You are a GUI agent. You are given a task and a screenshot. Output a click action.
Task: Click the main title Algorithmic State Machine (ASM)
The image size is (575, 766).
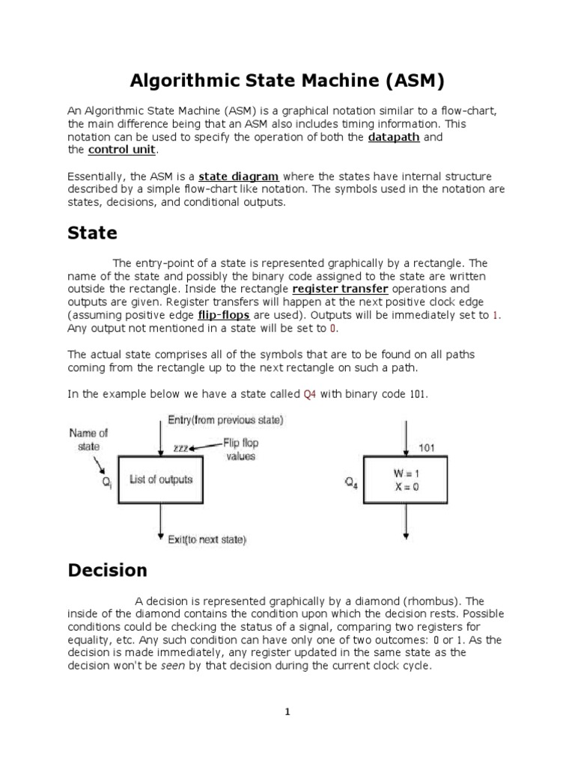pos(287,79)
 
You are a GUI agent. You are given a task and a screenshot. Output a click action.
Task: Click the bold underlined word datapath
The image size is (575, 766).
pos(394,138)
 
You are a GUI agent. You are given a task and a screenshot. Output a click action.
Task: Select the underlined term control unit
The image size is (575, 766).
pos(122,150)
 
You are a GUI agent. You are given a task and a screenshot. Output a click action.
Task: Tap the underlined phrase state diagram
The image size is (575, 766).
pos(239,177)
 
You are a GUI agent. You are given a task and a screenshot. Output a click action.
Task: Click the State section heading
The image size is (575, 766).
pos(92,233)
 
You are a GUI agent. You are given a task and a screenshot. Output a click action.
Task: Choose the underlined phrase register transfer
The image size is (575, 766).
pos(340,289)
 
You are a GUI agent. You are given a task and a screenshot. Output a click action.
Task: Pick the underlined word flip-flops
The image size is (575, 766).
pos(222,316)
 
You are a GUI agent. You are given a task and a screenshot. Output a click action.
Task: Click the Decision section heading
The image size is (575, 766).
pos(107,570)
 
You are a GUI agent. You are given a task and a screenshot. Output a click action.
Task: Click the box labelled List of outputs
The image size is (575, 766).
pos(161,479)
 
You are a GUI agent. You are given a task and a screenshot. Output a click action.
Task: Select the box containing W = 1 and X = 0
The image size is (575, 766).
pos(405,479)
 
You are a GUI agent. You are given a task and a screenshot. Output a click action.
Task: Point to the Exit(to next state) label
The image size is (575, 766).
pos(207,539)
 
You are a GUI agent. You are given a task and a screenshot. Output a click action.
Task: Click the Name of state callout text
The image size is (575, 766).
pos(90,438)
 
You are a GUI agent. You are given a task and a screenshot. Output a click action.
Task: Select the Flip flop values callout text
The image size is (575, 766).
pos(241,450)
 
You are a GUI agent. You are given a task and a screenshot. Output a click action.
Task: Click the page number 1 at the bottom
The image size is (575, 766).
pos(287,712)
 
